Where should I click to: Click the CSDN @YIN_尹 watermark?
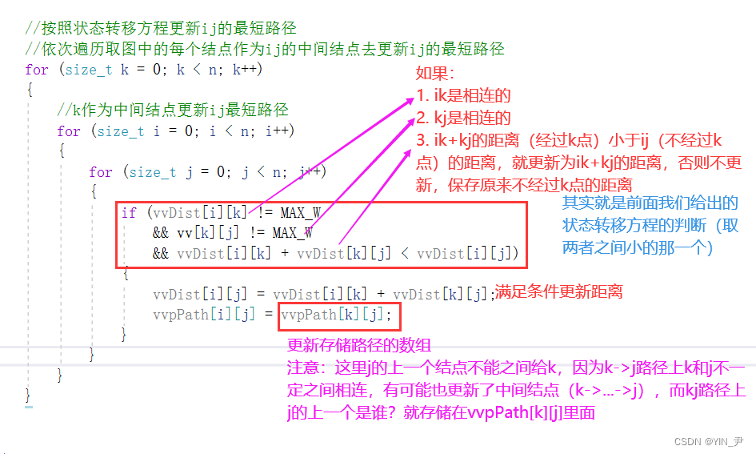(708, 441)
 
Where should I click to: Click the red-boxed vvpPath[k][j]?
(337, 315)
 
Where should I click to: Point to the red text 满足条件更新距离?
(559, 292)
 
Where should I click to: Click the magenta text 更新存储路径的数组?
(359, 346)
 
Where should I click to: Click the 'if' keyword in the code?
(129, 213)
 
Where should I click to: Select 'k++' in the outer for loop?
(245, 70)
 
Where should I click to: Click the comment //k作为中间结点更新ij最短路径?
(172, 110)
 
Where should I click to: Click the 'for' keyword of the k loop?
(37, 70)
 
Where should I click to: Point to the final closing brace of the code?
(29, 395)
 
